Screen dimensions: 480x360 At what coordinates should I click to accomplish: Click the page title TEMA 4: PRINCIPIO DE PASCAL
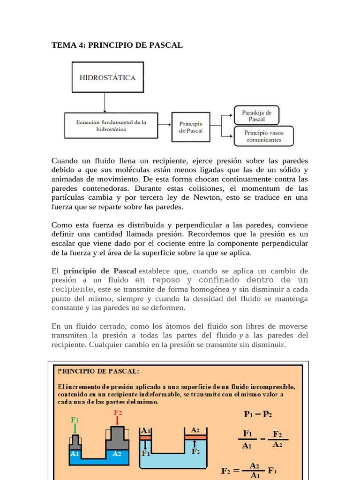[x=117, y=45]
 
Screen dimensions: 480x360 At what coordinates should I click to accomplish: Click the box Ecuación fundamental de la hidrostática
[x=111, y=125]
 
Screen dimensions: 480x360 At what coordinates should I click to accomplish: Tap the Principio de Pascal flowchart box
[x=191, y=127]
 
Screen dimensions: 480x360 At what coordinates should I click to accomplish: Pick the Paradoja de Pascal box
[x=256, y=115]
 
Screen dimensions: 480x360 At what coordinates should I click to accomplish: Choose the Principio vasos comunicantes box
[x=263, y=136]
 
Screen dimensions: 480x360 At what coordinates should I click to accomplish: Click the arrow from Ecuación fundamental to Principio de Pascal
[x=165, y=125]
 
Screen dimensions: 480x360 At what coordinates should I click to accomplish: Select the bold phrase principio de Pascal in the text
[x=100, y=271]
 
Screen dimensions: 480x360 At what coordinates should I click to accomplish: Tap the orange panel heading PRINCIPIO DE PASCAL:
[x=98, y=371]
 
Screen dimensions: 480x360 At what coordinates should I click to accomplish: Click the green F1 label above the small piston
[x=75, y=420]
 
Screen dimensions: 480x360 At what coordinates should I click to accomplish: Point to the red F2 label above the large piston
[x=119, y=412]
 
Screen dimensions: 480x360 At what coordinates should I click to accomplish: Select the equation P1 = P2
[x=258, y=414]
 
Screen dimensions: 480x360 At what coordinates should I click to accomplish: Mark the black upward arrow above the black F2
[x=195, y=443]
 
